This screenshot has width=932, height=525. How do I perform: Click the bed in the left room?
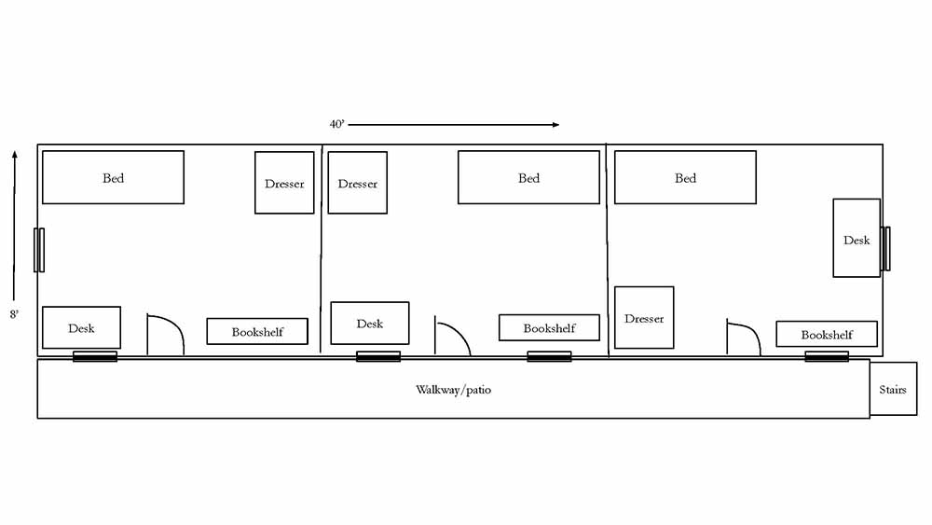(113, 177)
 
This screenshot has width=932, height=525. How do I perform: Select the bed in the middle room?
(528, 177)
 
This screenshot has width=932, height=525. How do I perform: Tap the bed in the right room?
(685, 177)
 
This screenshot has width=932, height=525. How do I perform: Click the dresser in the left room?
(284, 183)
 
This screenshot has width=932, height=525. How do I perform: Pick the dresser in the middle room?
(357, 183)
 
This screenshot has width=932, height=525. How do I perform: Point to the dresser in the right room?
(644, 318)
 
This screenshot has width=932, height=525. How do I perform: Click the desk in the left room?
(81, 327)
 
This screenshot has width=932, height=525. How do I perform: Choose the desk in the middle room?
(370, 323)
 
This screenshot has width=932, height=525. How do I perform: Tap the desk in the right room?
(857, 239)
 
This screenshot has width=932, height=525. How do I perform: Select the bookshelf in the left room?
(257, 331)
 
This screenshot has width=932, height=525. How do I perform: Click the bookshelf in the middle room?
(549, 327)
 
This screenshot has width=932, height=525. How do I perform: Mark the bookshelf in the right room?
(827, 334)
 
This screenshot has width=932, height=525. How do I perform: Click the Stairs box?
(893, 389)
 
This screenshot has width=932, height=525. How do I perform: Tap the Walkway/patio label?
(453, 389)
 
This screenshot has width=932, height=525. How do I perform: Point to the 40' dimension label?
(336, 124)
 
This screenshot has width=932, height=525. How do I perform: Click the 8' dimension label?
(14, 315)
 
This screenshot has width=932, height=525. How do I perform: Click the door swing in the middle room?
(452, 338)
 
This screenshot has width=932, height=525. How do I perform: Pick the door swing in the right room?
(743, 339)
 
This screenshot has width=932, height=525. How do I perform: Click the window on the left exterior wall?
(39, 249)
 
